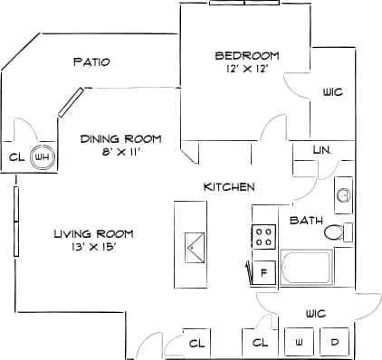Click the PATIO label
91,62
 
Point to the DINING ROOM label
120,138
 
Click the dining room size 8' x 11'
120,152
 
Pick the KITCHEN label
228,186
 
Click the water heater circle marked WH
41,156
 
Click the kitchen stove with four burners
264,238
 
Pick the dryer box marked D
335,343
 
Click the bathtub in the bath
305,268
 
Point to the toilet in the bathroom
336,232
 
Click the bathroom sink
343,194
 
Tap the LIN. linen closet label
321,149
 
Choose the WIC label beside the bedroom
332,92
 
